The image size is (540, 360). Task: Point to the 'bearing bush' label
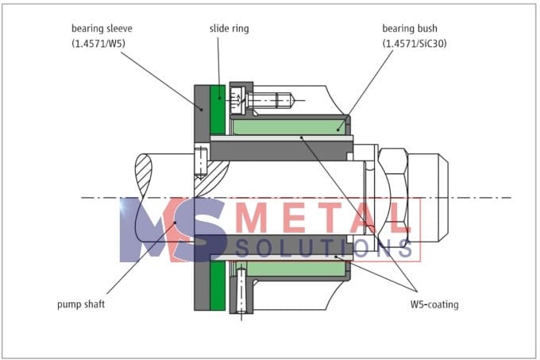(414, 27)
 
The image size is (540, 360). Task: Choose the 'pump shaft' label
(83, 303)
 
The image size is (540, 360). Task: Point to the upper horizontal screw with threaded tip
(266, 101)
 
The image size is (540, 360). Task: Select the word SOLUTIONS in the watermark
(326, 248)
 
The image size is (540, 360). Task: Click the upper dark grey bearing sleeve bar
(282, 149)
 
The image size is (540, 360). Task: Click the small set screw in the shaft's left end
(201, 164)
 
